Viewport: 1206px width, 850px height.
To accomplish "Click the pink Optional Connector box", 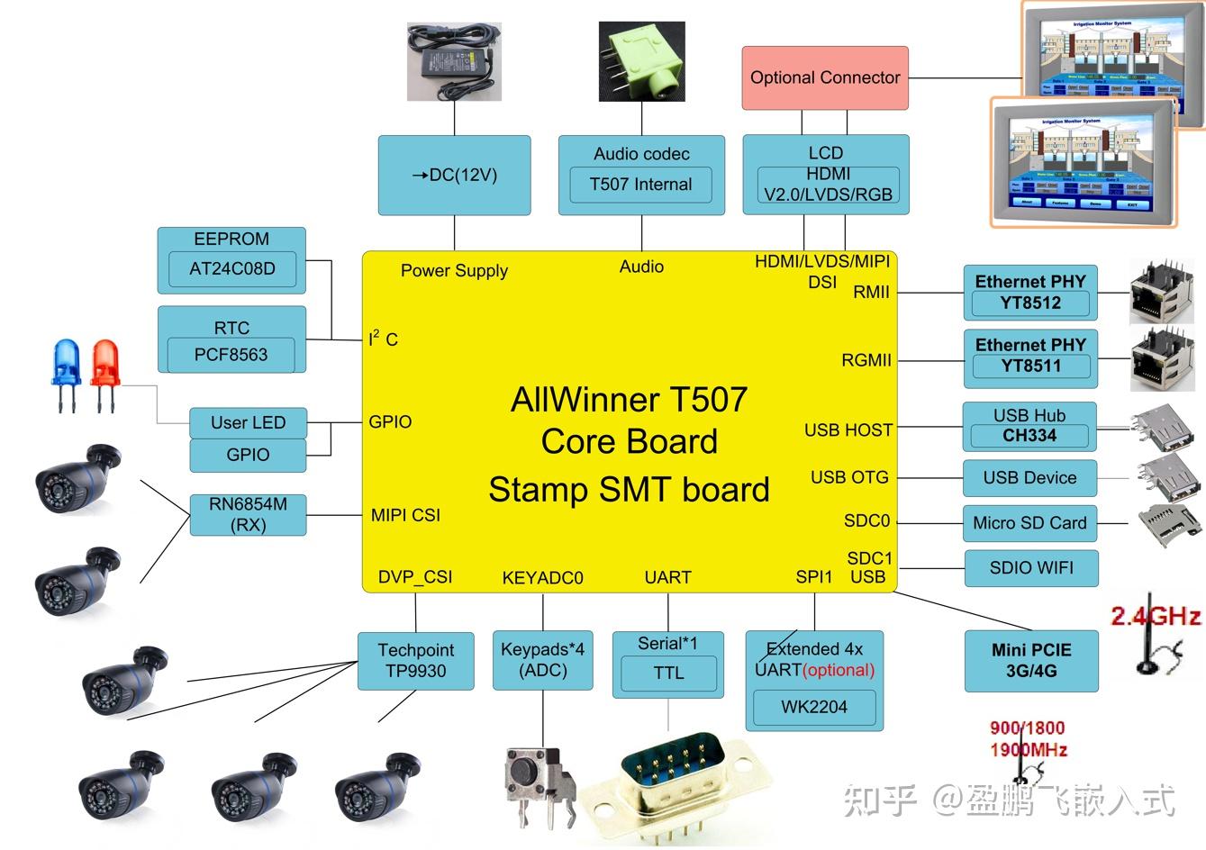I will [825, 78].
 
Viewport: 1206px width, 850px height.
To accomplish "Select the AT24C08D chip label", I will [231, 268].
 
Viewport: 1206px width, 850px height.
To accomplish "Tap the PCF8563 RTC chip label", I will [231, 354].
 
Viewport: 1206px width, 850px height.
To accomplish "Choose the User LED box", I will [248, 422].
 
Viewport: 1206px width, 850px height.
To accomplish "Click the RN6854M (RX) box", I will [248, 514].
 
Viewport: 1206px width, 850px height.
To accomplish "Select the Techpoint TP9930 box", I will [415, 661].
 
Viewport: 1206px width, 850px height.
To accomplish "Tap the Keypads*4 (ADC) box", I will [542, 660].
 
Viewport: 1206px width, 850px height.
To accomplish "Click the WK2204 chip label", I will [814, 707].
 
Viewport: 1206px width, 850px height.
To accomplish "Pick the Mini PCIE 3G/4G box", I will [1031, 661].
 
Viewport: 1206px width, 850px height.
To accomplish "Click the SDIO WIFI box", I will [1031, 568].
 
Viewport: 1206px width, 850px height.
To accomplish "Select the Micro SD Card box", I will [1029, 523].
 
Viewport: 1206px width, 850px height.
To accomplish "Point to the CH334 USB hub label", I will [1029, 436].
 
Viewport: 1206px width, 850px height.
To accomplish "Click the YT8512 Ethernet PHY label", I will [1030, 303].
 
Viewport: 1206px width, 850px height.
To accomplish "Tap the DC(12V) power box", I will [454, 176].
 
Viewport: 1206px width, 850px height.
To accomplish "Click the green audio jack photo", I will [641, 62].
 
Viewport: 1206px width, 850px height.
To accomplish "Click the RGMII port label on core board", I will [866, 360].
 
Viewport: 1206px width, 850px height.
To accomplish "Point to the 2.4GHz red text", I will [1155, 617].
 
